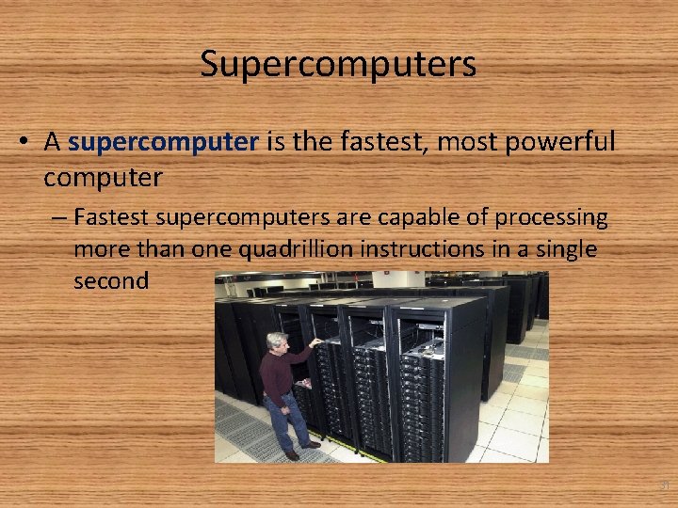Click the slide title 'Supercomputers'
[338, 64]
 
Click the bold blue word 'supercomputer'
[164, 142]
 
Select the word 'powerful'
[562, 142]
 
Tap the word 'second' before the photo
[111, 280]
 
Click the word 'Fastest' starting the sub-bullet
[110, 218]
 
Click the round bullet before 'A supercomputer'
[26, 143]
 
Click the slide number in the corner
[664, 486]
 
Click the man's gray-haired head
[276, 341]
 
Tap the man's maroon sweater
[280, 371]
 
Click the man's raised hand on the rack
[317, 342]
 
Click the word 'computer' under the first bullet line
[103, 175]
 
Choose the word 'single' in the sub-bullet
[558, 249]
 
